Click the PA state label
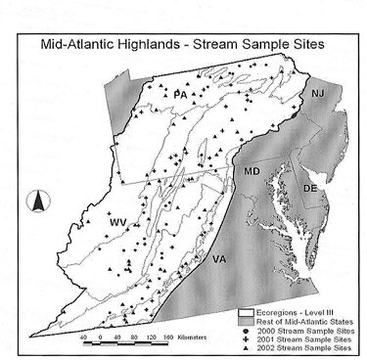tap(179, 94)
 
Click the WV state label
tap(118, 223)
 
